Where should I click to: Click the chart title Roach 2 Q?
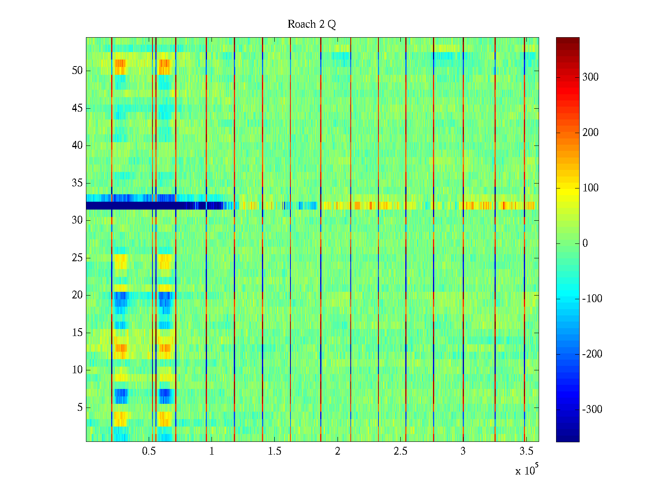311,24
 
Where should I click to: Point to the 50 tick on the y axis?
77,71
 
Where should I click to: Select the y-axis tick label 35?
77,183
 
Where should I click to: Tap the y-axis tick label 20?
77,295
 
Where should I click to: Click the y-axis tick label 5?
80,408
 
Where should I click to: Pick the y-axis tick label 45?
77,108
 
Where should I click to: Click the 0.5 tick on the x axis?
149,451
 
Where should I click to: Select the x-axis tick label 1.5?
275,451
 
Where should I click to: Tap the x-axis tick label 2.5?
400,451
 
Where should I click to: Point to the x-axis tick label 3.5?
526,451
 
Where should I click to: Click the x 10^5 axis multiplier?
526,470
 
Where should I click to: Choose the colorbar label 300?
590,77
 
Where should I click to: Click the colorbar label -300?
592,410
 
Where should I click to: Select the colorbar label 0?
585,243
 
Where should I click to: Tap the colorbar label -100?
592,299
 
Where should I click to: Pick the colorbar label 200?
590,133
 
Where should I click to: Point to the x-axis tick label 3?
463,451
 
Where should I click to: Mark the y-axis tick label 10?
77,370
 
